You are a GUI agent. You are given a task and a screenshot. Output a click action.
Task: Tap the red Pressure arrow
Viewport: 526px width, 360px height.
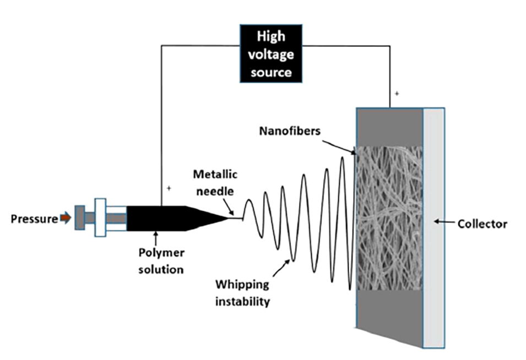point(65,219)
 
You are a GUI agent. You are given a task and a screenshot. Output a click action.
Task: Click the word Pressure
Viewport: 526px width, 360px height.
point(34,219)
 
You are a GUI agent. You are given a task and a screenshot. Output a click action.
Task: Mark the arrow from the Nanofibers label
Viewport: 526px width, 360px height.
point(339,145)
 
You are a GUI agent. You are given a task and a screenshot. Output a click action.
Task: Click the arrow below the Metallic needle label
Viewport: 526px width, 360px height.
point(234,208)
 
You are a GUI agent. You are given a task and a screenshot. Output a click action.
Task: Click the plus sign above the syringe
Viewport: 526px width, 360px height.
point(169,188)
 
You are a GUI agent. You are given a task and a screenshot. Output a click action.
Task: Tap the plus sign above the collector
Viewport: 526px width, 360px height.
point(395,94)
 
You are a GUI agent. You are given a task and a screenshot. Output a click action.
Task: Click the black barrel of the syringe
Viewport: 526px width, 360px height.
point(155,219)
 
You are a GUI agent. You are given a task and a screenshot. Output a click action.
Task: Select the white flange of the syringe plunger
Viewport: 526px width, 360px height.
point(100,218)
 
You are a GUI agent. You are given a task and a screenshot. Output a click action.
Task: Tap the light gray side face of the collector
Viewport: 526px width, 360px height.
point(433,226)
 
